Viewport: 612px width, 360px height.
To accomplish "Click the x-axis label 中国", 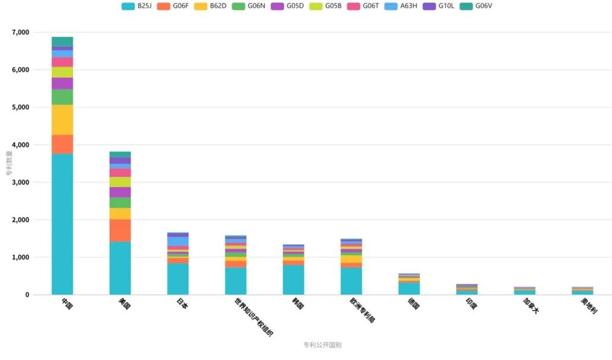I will tap(66, 305).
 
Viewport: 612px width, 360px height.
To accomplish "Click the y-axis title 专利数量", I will tap(9, 163).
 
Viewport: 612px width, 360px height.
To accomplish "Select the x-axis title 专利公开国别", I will tap(322, 345).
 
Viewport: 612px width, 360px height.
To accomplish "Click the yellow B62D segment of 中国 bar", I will tap(62, 119).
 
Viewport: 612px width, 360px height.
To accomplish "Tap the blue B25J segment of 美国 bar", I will tap(120, 267).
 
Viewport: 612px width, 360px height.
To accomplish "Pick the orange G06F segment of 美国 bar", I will tap(120, 230).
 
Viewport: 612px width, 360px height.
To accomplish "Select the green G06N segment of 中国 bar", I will tap(62, 97).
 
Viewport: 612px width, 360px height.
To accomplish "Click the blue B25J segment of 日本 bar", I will tap(178, 279).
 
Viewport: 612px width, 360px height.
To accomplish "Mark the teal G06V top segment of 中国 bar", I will tap(62, 42).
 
